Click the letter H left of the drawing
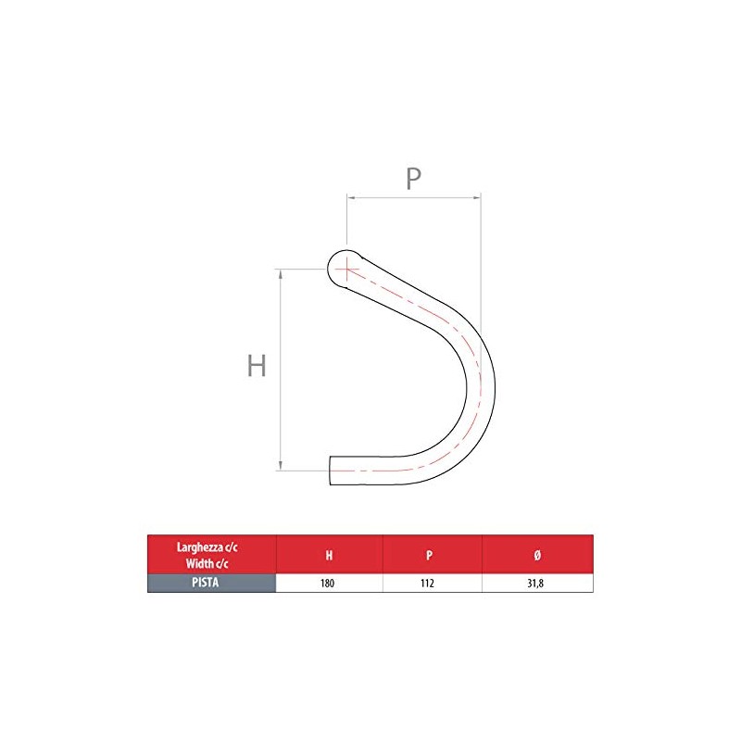[257, 367]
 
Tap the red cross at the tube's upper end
[345, 270]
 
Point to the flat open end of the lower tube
[332, 470]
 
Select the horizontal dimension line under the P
[413, 196]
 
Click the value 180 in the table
[329, 584]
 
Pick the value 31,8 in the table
[538, 584]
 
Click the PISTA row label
[211, 584]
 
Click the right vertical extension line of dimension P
[481, 259]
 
